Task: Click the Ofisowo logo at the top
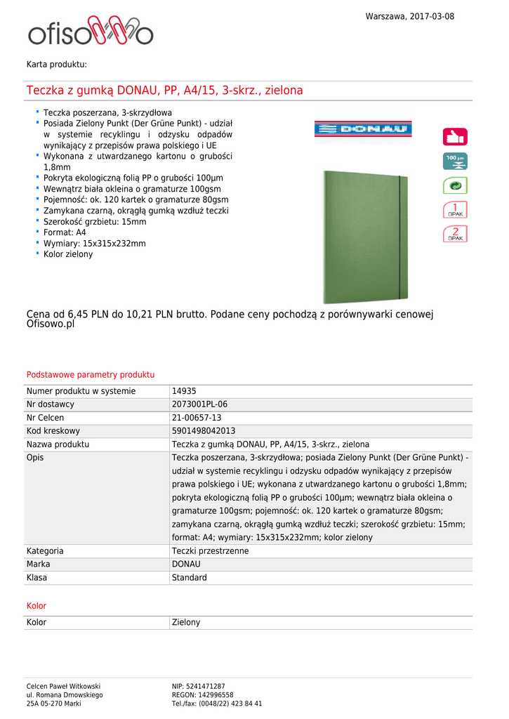(91, 32)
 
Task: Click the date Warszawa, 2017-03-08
(409, 16)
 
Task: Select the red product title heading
(165, 91)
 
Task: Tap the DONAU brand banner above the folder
(363, 128)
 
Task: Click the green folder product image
(364, 237)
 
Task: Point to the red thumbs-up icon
(455, 136)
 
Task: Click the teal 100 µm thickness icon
(455, 161)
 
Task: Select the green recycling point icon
(455, 185)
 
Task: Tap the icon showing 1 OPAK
(455, 210)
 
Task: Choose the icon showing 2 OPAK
(455, 235)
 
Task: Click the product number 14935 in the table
(184, 391)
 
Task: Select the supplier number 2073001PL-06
(199, 404)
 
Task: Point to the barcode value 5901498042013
(204, 431)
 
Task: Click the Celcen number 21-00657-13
(197, 418)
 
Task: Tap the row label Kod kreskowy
(53, 431)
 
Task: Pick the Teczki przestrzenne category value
(210, 551)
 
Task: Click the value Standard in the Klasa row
(190, 578)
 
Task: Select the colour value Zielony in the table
(186, 622)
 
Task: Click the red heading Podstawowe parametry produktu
(91, 375)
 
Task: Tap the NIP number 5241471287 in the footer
(199, 686)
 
